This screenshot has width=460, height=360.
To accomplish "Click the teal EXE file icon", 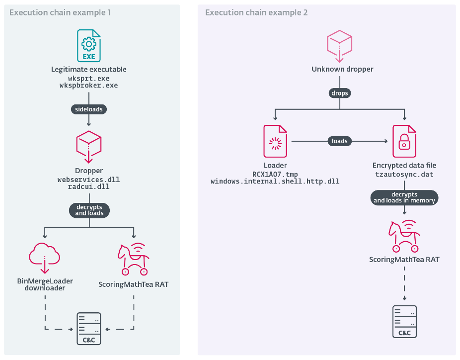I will coord(89,46).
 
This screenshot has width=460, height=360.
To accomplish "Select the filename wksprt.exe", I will coord(89,79).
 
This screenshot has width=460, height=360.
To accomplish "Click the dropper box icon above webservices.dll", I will coord(89,146).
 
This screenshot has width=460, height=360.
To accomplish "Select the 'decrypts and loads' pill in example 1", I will coord(89,210).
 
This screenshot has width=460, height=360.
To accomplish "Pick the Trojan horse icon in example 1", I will coord(133,259).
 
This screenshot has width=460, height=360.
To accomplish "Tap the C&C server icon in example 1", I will coord(89,329).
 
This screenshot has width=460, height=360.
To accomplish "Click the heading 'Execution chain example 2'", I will coord(256,12).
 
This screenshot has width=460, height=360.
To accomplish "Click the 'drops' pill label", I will coord(339,93).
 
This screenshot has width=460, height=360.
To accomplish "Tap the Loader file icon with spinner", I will coord(276,141).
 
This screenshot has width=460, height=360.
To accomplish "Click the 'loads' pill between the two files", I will coord(339,141).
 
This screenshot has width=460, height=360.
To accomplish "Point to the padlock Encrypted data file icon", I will coord(404,141).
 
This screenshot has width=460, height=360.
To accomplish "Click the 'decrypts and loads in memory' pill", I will coord(404,197).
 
